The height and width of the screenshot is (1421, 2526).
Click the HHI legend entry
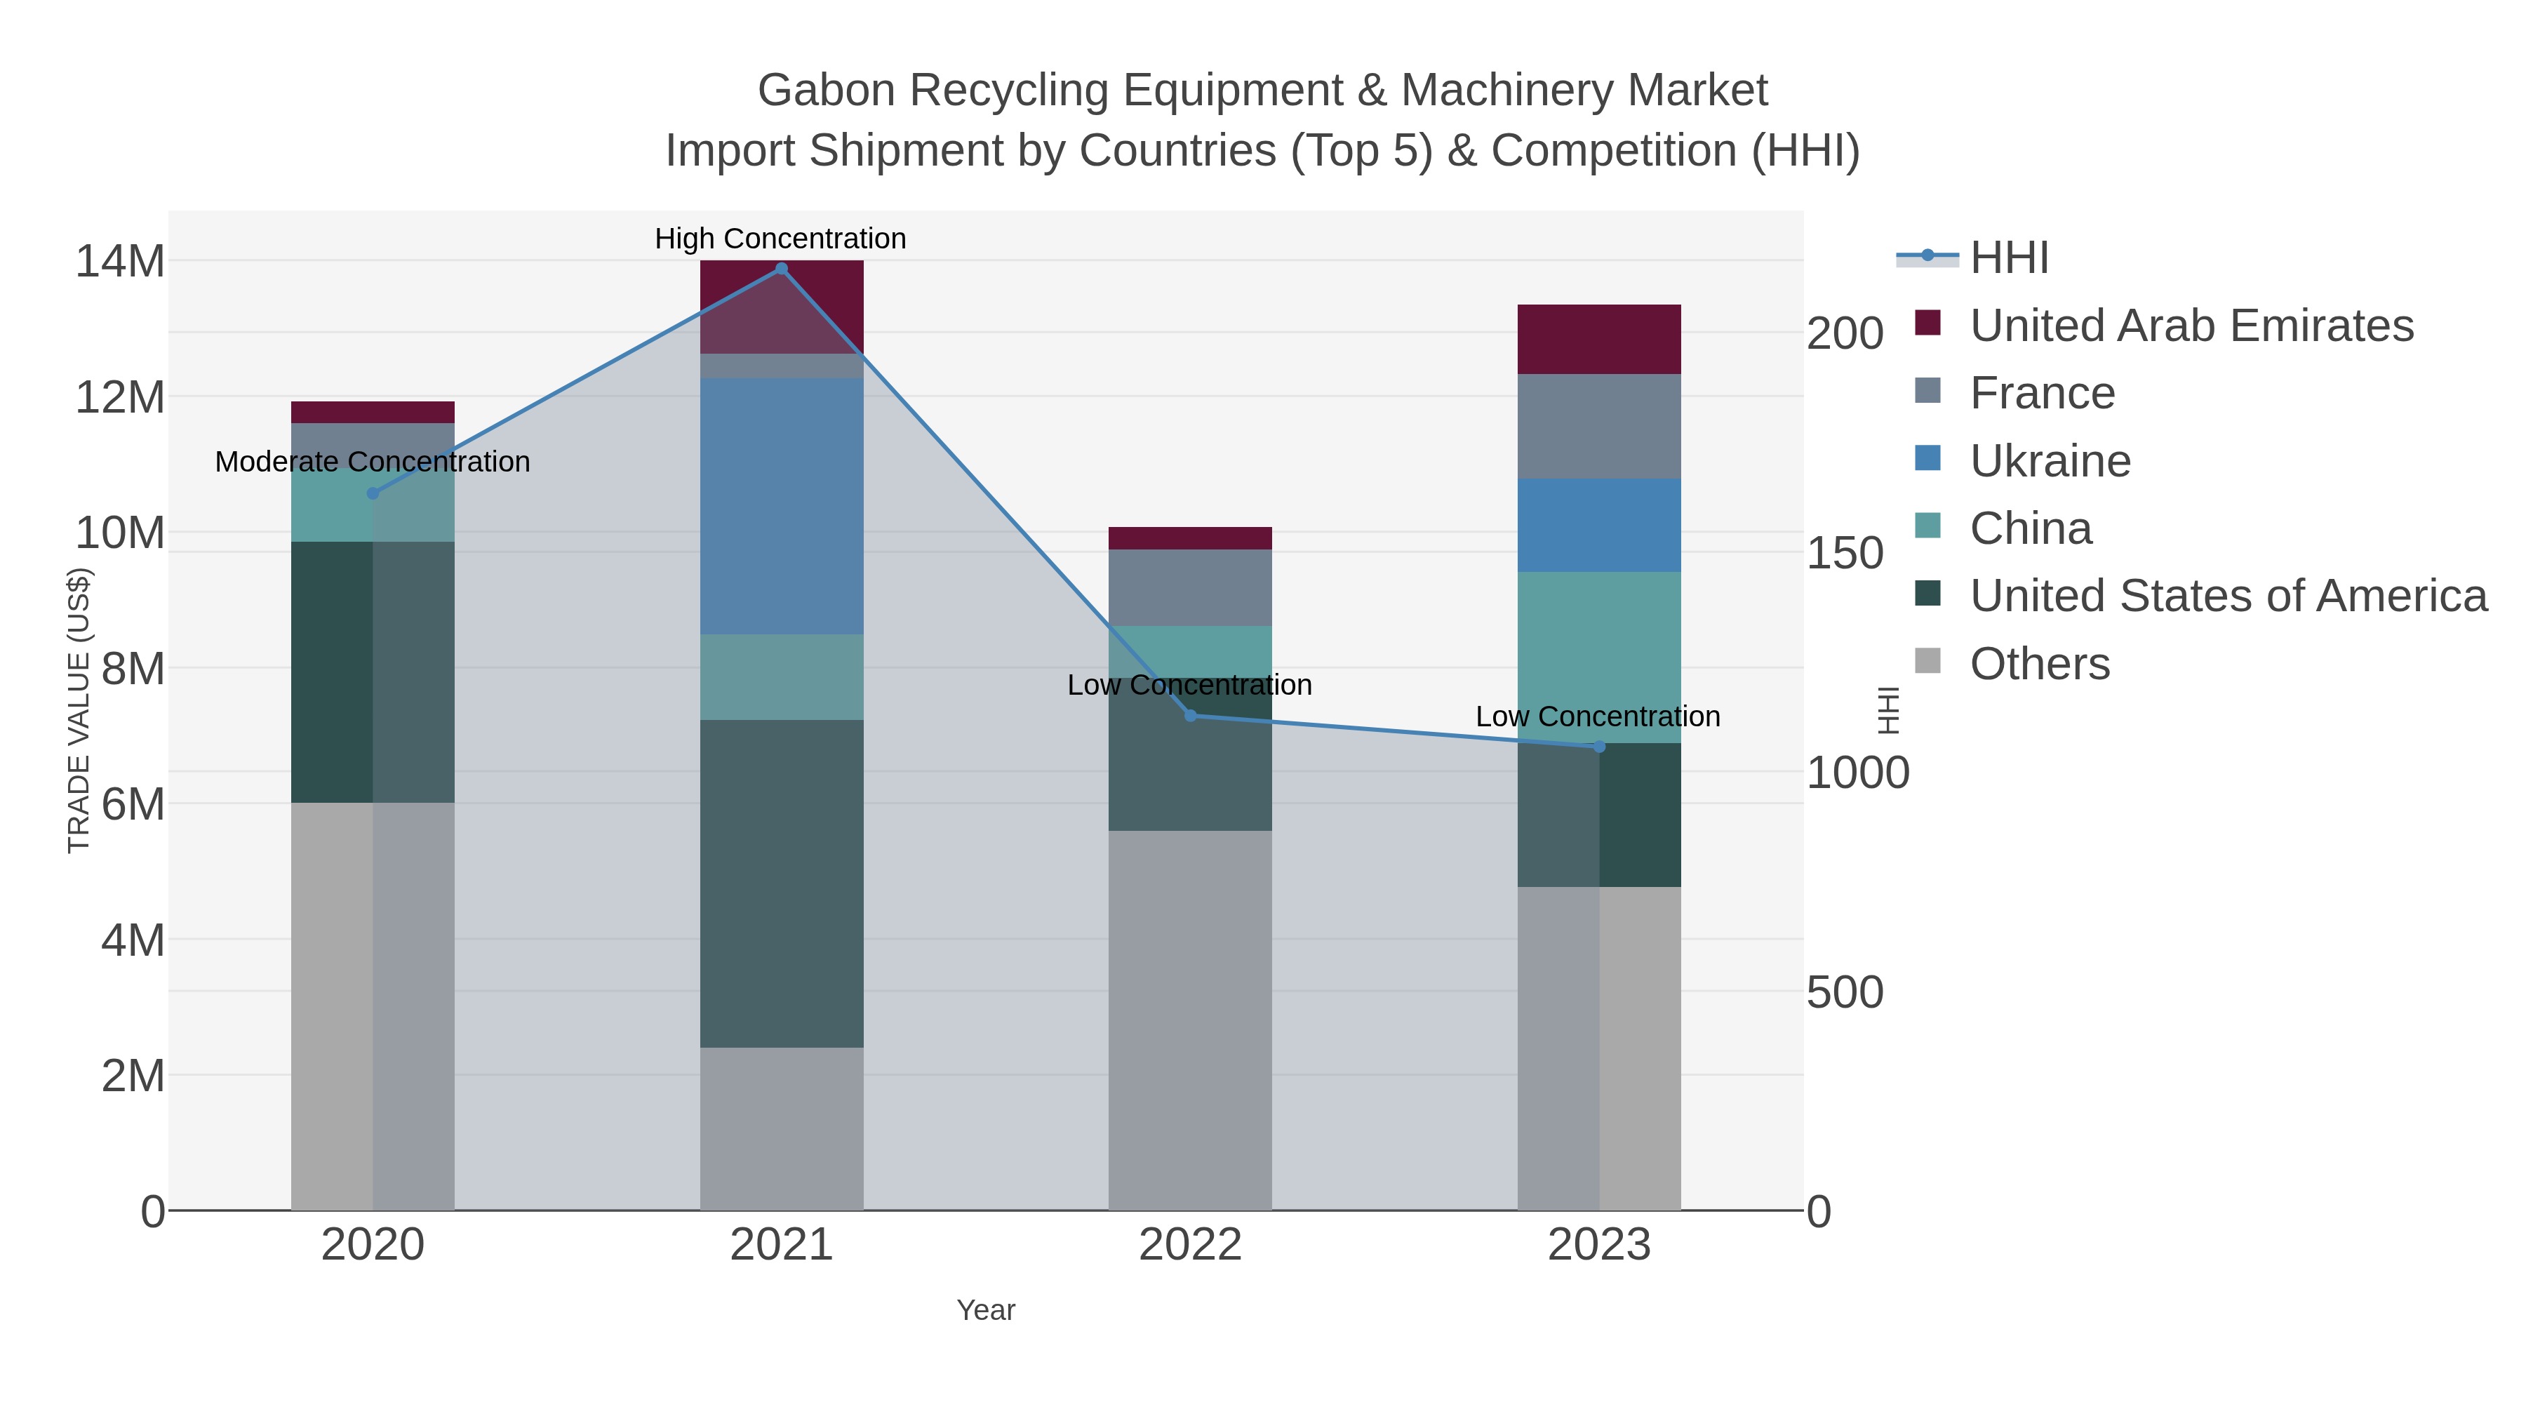[2008, 258]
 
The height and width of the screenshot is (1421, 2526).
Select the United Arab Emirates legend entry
[2191, 326]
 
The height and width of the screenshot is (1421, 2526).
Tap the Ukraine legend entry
[2050, 461]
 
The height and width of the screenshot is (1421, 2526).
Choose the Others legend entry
[2038, 664]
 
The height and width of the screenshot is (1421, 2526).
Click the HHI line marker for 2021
[782, 269]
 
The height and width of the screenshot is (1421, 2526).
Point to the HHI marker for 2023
[1599, 747]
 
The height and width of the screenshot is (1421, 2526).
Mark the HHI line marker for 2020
[373, 493]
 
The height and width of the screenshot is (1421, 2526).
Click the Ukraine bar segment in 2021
[782, 506]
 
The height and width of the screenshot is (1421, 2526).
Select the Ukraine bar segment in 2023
[1599, 525]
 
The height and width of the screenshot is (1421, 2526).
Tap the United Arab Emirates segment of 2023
[1599, 340]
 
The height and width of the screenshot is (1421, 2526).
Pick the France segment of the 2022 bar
[1191, 587]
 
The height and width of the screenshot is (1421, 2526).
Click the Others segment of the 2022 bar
[1191, 1020]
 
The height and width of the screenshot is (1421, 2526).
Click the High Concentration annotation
[780, 239]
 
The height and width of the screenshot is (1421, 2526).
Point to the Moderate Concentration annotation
[373, 462]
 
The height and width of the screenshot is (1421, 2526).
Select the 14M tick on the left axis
[119, 262]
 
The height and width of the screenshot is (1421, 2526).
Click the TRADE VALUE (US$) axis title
[79, 711]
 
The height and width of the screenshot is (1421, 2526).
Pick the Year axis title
[986, 1310]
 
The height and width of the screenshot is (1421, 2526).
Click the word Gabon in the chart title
[826, 91]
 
